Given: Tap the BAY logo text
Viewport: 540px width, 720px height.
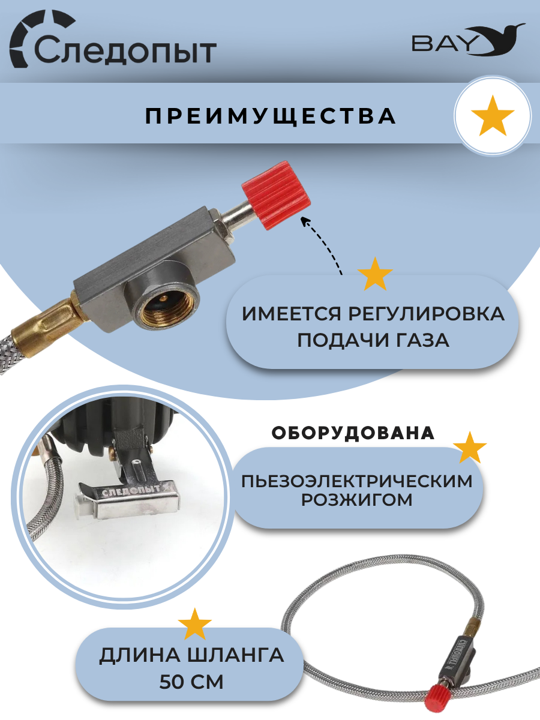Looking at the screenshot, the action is click(x=444, y=44).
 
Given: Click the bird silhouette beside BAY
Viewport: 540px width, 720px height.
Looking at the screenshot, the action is click(x=495, y=39).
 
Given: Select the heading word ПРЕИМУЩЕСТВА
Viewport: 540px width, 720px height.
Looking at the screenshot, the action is click(x=271, y=116).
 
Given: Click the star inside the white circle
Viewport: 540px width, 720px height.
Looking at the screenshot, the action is click(x=493, y=116).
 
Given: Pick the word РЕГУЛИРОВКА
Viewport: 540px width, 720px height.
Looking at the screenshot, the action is click(x=426, y=314).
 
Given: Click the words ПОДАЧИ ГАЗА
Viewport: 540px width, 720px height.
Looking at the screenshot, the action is click(x=373, y=340).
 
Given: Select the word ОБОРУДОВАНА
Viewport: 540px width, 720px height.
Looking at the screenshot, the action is click(x=353, y=433).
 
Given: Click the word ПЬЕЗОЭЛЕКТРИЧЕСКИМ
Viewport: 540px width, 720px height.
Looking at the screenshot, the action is click(x=357, y=482).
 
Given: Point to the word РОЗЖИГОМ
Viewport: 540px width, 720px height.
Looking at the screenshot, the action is click(x=357, y=500).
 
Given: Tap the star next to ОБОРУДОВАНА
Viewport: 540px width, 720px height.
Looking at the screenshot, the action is click(x=470, y=448).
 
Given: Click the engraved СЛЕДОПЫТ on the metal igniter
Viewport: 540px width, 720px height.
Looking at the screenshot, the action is click(x=131, y=491).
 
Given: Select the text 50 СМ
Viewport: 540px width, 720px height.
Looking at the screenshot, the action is click(x=191, y=683).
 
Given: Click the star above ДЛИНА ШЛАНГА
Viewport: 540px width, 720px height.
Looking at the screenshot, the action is click(x=195, y=624).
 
